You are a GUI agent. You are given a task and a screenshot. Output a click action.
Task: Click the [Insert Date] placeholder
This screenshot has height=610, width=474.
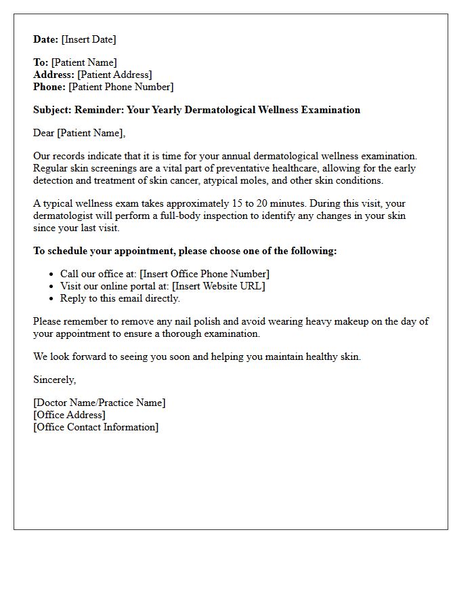click(89, 39)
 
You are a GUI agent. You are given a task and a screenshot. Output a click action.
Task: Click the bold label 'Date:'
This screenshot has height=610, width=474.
click(46, 39)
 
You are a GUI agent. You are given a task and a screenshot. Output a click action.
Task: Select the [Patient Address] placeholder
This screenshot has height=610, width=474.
click(114, 75)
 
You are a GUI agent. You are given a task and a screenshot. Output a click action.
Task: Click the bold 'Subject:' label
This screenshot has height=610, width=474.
click(52, 110)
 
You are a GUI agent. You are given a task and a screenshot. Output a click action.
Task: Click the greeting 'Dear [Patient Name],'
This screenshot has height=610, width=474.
click(79, 133)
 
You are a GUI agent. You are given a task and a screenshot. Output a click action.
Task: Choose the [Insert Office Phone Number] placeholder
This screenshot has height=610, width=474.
click(204, 274)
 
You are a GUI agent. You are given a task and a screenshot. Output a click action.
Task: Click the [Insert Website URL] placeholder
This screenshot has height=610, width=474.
click(219, 286)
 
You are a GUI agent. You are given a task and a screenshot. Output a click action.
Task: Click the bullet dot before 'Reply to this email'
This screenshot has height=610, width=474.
click(52, 298)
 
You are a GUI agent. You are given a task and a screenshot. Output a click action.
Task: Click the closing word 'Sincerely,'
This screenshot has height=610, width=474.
click(55, 380)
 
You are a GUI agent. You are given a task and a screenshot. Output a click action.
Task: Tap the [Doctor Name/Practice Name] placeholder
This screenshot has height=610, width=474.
click(99, 403)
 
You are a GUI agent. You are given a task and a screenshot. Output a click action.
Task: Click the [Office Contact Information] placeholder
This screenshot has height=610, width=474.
click(95, 427)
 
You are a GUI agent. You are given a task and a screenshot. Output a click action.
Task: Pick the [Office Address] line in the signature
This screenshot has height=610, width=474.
click(69, 415)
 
